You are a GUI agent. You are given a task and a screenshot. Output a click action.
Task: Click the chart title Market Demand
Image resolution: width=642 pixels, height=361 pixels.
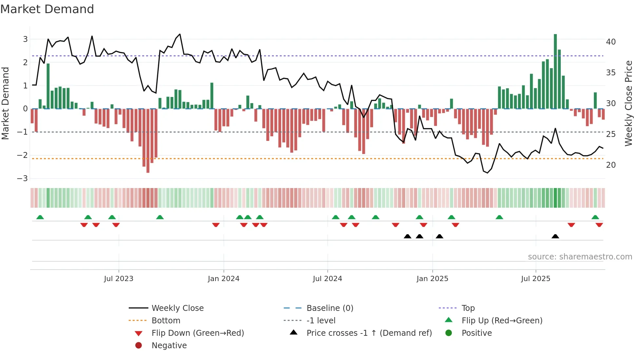47,9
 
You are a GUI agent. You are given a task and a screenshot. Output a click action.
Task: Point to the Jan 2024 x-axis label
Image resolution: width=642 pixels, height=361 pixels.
223,279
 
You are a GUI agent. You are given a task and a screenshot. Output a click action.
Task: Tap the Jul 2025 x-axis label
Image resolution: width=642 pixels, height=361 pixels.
536,279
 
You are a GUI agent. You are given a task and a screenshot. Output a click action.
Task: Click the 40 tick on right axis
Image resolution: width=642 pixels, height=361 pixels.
611,42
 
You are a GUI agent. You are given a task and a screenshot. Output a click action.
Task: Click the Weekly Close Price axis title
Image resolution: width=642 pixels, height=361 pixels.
628,103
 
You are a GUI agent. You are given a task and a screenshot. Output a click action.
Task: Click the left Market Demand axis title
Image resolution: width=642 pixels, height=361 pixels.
5,103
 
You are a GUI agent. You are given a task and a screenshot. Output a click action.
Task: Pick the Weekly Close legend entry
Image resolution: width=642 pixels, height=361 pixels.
177,308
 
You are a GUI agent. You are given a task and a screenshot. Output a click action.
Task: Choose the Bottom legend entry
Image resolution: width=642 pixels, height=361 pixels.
166,321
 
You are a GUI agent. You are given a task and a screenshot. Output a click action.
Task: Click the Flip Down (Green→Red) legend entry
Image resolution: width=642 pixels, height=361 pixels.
198,333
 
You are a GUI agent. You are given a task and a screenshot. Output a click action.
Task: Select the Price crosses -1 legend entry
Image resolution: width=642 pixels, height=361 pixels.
369,333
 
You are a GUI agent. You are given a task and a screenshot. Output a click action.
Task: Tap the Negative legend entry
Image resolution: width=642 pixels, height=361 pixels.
169,346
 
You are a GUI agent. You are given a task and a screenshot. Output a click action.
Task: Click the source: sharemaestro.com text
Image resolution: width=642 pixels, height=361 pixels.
580,257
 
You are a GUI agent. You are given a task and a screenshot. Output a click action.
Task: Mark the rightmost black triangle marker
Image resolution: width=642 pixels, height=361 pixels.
555,237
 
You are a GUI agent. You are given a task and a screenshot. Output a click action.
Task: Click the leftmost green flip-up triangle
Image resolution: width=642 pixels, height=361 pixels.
40,217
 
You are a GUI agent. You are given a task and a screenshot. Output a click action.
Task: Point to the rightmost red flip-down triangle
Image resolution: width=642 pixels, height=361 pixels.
599,225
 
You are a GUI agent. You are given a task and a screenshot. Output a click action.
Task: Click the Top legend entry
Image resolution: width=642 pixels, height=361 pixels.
468,308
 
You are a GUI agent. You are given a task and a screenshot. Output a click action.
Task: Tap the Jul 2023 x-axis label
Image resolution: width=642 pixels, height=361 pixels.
119,279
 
